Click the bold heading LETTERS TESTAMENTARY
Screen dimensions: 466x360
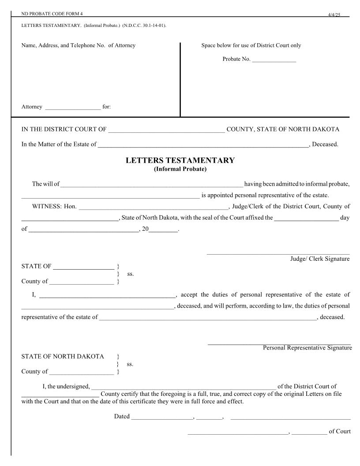pos(180,161)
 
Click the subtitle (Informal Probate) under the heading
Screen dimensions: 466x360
pos(180,169)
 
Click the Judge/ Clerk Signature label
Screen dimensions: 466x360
pos(319,259)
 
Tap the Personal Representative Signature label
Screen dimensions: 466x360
pos(307,348)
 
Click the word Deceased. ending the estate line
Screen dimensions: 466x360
pos(325,144)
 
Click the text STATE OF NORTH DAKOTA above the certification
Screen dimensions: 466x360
pos(63,357)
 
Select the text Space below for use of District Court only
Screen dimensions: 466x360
pos(251,45)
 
